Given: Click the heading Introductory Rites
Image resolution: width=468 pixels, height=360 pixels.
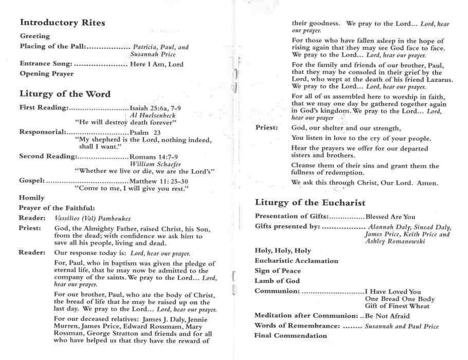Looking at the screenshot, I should (x=62, y=23).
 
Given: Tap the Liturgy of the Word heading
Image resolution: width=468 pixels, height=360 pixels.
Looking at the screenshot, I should (x=65, y=94).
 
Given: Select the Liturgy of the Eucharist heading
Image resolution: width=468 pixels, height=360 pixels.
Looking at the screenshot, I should (x=310, y=203).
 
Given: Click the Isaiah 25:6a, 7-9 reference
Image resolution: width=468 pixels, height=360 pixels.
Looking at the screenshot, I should (x=155, y=108).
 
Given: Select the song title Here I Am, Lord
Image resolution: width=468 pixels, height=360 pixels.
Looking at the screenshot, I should (x=156, y=64).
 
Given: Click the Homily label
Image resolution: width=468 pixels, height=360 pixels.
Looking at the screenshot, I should (x=32, y=198).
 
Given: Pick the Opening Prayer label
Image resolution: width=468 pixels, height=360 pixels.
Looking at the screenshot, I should (x=47, y=74).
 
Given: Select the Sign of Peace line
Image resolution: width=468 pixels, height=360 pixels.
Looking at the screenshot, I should (x=278, y=271).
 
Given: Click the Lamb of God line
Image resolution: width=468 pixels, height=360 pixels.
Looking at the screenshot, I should (x=277, y=281).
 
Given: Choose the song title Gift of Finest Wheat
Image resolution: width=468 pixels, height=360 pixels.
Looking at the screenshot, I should (x=397, y=306).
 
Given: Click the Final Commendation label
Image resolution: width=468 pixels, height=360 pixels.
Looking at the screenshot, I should (x=291, y=336).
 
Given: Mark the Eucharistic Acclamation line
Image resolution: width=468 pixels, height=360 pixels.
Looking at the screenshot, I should (x=297, y=261).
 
